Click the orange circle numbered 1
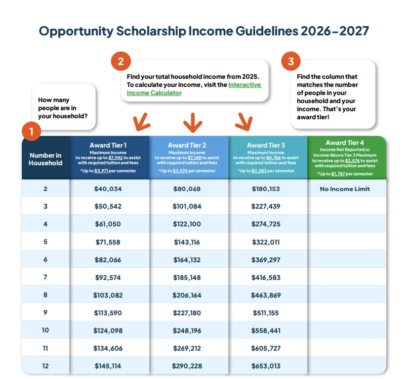31,133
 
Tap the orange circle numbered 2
120,62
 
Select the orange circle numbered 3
291,62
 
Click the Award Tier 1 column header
109,157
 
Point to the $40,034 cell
108,189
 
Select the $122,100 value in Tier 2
188,224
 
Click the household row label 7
45,277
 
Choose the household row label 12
45,365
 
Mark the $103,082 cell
108,295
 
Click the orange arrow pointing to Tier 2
192,122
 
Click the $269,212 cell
188,348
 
